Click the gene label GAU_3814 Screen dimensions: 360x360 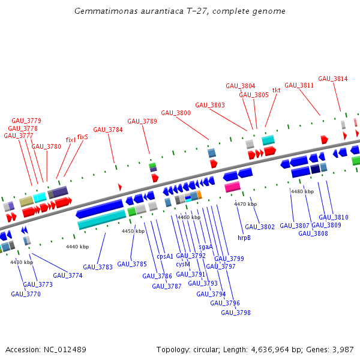tap(332, 79)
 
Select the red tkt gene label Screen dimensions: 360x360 tap(277, 91)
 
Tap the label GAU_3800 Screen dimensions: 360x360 tap(176, 113)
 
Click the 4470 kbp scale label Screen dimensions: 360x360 tap(245, 204)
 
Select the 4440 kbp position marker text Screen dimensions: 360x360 tap(77, 247)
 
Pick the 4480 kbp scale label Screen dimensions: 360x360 tap(302, 191)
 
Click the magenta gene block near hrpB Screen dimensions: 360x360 tap(232, 187)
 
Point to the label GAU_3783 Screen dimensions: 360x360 tap(98, 267)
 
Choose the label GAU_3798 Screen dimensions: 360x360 tap(236, 313)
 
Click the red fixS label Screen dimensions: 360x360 tap(82, 137)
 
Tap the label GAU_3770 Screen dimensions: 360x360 tap(26, 294)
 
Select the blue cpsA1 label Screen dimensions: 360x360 tap(165, 256)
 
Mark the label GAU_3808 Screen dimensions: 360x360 tap(313, 233)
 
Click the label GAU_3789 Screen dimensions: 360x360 tap(142, 121)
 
